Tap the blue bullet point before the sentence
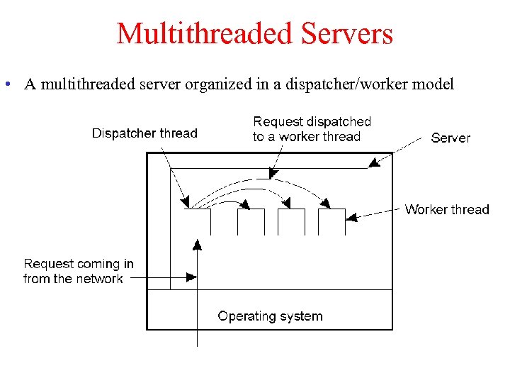pos(6,84)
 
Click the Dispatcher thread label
pos(144,133)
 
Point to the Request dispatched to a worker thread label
pos(312,129)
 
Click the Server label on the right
pos(450,138)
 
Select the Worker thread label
pos(447,209)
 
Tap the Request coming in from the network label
pos(78,271)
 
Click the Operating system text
pos(270,316)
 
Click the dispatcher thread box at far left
pos(198,221)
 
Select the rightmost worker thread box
pos(331,221)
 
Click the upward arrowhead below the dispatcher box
pos(197,245)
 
